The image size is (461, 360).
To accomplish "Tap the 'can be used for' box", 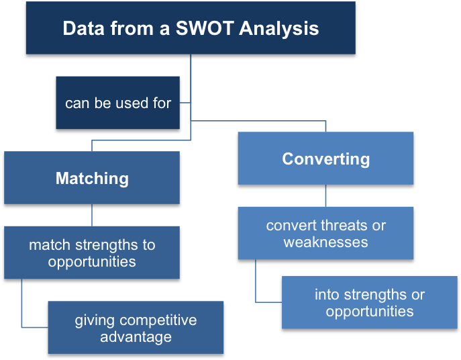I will pyautogui.click(x=118, y=103).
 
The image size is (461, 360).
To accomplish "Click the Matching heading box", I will pyautogui.click(x=92, y=178).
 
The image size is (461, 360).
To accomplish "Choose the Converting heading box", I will pyautogui.click(x=325, y=159).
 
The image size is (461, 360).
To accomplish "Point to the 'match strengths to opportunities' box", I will pyautogui.click(x=92, y=253).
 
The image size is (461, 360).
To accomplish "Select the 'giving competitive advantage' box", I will pyautogui.click(x=136, y=328).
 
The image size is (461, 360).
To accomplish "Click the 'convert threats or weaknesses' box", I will pyautogui.click(x=325, y=233).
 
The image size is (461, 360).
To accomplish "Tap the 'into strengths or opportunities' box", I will pyautogui.click(x=370, y=302).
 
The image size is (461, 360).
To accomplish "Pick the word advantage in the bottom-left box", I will pyautogui.click(x=136, y=336).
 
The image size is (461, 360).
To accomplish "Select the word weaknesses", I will pyautogui.click(x=325, y=242).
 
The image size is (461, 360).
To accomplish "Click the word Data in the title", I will pyautogui.click(x=81, y=29).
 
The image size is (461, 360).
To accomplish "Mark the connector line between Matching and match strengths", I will pyautogui.click(x=92, y=214).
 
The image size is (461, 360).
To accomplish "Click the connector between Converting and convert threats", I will pyautogui.click(x=325, y=195).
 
